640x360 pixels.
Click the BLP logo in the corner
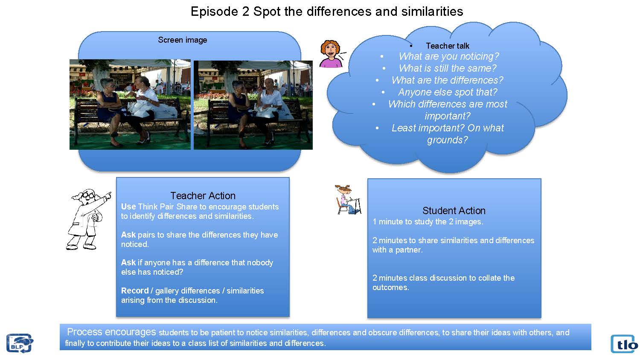coord(20,343)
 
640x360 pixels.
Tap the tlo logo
coord(624,344)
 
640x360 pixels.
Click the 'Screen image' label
coord(183,40)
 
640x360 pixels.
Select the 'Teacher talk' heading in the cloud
coord(448,46)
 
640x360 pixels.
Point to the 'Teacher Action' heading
coord(203,196)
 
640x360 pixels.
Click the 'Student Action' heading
coord(454,211)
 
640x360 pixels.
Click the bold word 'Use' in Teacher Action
coord(128,206)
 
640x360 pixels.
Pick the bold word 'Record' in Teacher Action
coord(135,290)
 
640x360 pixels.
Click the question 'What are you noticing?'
coord(449,56)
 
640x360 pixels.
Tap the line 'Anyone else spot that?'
coord(448,92)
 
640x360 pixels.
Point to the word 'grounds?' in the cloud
coord(448,140)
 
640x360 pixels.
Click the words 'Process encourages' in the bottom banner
coord(111,332)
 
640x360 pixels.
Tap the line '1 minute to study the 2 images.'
coord(428,222)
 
